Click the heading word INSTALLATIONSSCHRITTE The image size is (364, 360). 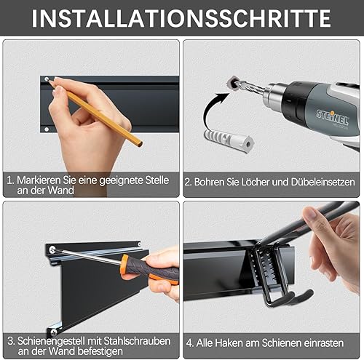[x=181, y=18]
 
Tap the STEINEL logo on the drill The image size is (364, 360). [x=332, y=117]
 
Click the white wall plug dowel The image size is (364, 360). [x=229, y=140]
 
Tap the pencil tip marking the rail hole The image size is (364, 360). [x=50, y=82]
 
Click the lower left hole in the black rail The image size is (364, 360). [x=47, y=129]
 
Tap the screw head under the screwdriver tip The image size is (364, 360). [x=52, y=249]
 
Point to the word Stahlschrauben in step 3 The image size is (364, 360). [x=137, y=341]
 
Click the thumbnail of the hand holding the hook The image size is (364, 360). [x=272, y=280]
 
